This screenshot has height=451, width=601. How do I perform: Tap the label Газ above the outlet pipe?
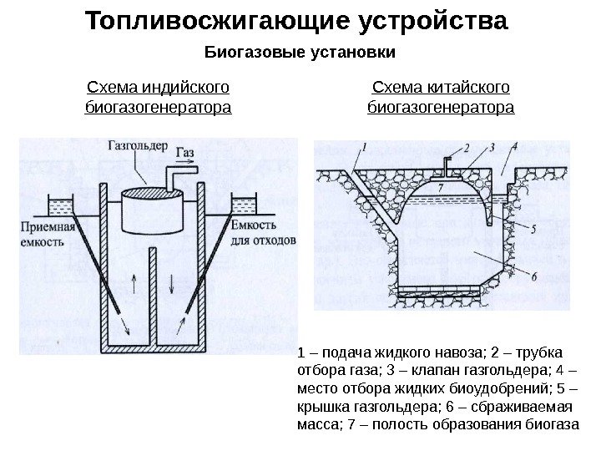(x=185, y=154)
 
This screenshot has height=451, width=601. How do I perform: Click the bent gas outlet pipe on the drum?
(x=174, y=177)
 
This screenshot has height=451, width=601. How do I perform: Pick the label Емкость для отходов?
(x=263, y=234)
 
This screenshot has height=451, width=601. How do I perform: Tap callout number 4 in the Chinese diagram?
(x=515, y=147)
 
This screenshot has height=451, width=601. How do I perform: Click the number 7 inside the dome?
(x=439, y=187)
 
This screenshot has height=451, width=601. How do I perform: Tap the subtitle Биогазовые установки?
(x=300, y=53)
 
